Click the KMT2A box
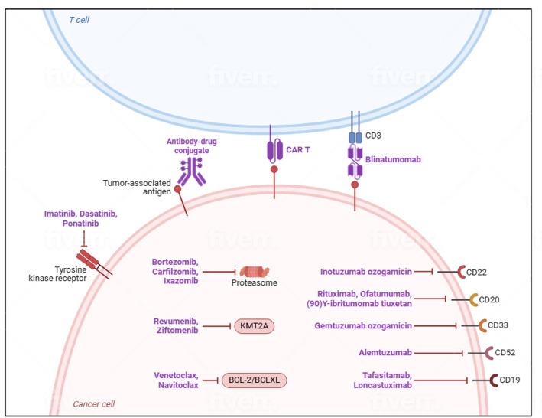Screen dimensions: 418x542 [254, 325]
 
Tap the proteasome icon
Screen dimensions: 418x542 [255, 272]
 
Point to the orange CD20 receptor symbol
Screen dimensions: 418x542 [473, 299]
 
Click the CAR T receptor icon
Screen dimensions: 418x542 [274, 150]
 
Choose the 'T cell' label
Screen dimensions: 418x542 [79, 19]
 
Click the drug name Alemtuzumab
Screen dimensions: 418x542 [385, 353]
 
